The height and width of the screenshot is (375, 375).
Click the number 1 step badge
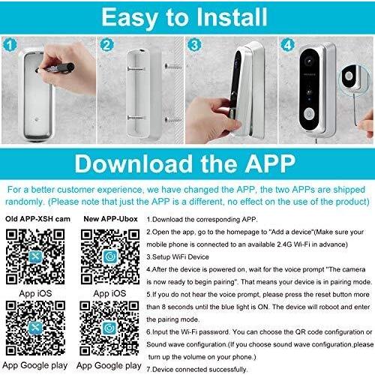[10, 45]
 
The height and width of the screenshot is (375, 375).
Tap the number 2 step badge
[106, 45]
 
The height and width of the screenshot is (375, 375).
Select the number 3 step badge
[194, 45]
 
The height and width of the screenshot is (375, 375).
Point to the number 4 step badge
[288, 45]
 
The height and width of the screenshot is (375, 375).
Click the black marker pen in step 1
[55, 68]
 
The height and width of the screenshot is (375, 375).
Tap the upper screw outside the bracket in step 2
[173, 67]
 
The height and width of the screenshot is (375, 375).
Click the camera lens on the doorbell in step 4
[309, 61]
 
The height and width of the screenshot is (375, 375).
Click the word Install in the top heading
[232, 17]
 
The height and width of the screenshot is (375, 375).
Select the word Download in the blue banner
[133, 163]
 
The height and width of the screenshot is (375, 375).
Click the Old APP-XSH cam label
[37, 219]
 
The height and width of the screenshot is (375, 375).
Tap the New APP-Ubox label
[110, 219]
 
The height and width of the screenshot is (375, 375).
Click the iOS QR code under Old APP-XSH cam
[35, 256]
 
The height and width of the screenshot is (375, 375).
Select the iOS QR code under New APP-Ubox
[110, 256]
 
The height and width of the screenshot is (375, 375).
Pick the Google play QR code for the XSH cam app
[35, 328]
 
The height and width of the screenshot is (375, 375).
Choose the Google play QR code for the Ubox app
[109, 328]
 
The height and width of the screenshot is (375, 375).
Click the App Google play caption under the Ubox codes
[109, 366]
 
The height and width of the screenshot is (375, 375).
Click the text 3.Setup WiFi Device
[178, 256]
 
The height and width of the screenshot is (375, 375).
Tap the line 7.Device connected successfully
[197, 369]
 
